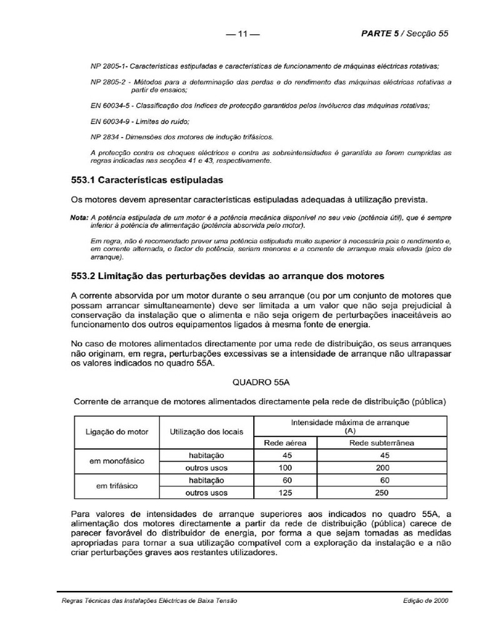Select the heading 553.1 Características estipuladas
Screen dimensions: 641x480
click(147, 180)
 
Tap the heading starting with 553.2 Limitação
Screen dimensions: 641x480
click(228, 275)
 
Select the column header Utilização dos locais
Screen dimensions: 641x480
click(207, 432)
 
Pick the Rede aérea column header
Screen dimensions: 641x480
click(286, 443)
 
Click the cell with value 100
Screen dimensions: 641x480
click(286, 468)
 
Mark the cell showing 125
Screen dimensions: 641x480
click(286, 493)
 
